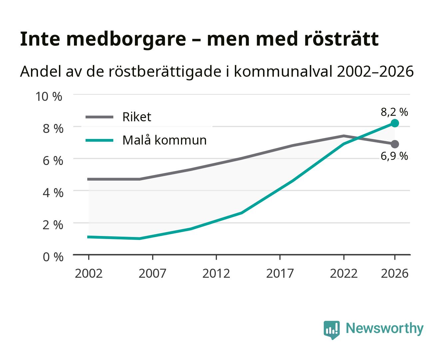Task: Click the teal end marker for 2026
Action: [395, 123]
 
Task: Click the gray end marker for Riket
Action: [395, 144]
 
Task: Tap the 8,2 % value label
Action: [394, 112]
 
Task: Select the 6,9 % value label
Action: [394, 156]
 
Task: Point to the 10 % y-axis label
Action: [49, 97]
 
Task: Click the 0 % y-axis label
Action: [53, 257]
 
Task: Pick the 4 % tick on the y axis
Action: [53, 193]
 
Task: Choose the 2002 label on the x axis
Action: [89, 273]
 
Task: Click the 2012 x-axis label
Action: [216, 273]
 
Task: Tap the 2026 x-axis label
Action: [394, 273]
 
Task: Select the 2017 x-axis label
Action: [280, 273]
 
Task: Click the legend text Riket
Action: [137, 117]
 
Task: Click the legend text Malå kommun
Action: [165, 140]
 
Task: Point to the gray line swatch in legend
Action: [100, 117]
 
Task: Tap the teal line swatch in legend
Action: [100, 140]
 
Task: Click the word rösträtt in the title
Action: [341, 39]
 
